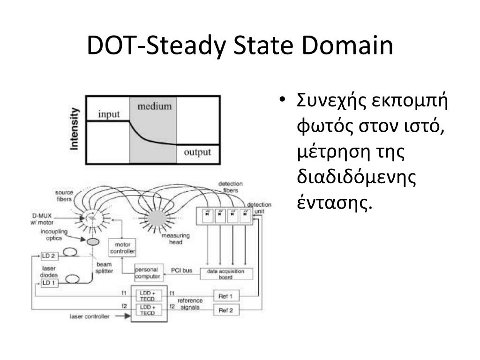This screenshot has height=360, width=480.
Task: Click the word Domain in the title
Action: point(347,45)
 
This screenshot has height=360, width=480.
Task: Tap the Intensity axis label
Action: point(74,129)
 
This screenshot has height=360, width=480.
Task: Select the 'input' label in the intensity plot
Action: point(109,114)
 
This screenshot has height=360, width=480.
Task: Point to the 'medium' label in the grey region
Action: point(155,106)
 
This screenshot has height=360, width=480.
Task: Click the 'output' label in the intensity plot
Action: point(197,152)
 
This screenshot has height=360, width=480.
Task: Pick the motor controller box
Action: point(122,247)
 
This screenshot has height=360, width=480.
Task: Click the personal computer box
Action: point(149,273)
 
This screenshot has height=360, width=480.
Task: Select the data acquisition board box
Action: point(226,274)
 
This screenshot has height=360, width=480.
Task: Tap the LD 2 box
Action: point(49,256)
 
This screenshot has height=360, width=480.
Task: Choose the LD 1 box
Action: point(49,283)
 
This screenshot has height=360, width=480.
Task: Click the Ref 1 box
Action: point(226,296)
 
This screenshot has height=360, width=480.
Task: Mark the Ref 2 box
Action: point(226,310)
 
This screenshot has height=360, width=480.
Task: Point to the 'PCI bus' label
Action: point(181,270)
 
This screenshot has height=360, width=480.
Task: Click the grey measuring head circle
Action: point(157,219)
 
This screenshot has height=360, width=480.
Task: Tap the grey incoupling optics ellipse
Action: point(93,242)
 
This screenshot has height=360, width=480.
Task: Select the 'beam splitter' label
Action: point(104,268)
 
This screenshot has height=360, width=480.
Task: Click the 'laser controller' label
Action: point(90,316)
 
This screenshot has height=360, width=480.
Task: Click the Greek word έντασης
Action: point(335,202)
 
